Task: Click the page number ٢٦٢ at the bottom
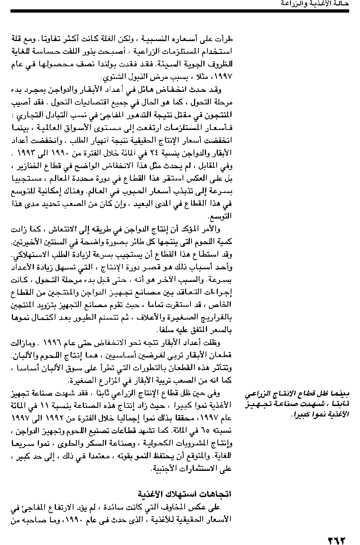click(x=336, y=531)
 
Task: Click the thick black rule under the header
click(x=180, y=12)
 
